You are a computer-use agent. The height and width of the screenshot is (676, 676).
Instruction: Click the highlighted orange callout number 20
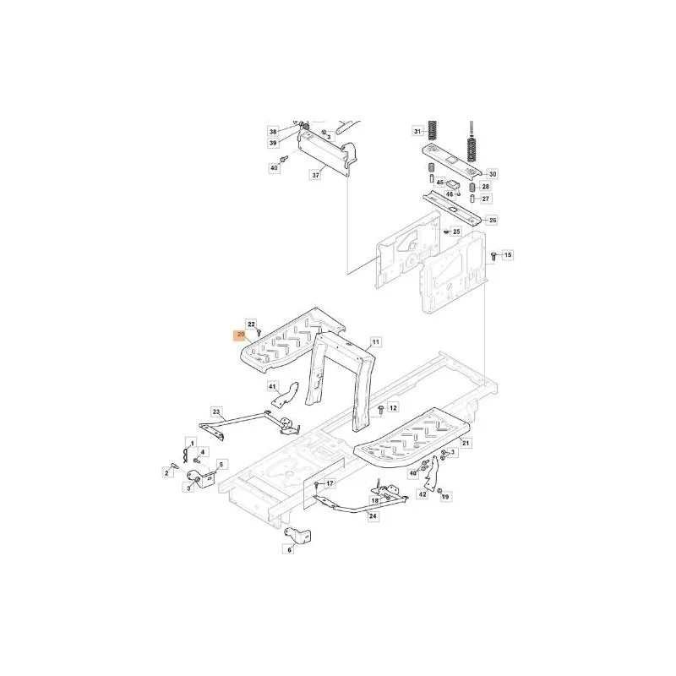[241, 335]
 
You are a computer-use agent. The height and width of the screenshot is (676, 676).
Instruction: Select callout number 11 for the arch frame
[375, 342]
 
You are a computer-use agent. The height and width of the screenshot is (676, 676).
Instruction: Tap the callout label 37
[316, 176]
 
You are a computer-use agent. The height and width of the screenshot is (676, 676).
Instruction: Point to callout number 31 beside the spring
[417, 131]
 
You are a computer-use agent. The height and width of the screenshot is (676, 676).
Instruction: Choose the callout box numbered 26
[493, 221]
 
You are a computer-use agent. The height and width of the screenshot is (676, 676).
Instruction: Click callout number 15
[508, 255]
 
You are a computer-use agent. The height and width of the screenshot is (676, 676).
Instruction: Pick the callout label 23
[216, 412]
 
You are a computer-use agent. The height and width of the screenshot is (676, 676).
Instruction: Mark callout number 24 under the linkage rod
[373, 515]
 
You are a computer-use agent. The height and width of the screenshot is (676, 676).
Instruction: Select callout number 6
[289, 550]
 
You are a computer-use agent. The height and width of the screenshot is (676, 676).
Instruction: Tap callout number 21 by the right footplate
[466, 443]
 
